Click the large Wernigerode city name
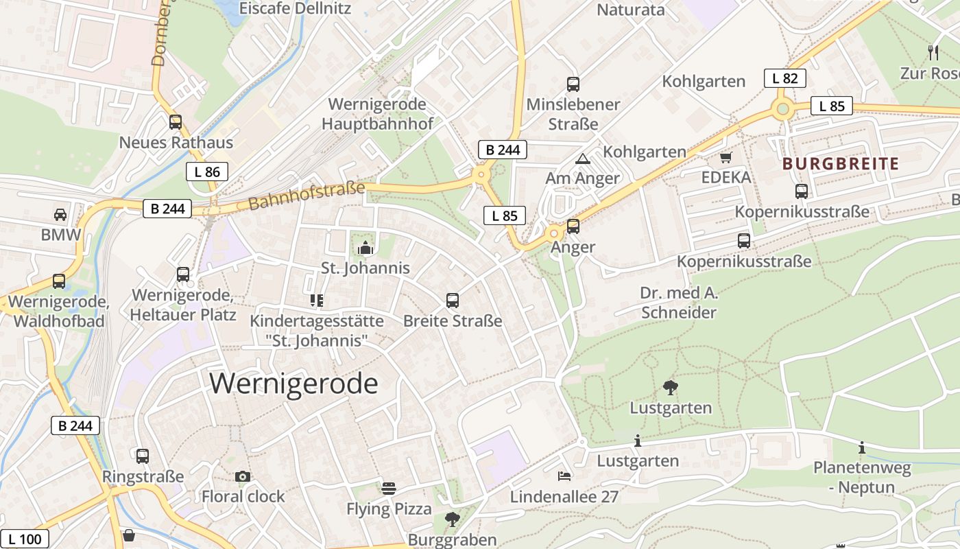[x=293, y=383]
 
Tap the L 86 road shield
[x=206, y=172]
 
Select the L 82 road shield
[x=784, y=78]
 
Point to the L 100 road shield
[x=25, y=539]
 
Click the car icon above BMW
[x=60, y=214]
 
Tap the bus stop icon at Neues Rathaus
[x=176, y=122]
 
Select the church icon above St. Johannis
[x=365, y=248]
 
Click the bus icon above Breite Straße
[x=453, y=300]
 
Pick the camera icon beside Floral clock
[x=242, y=476]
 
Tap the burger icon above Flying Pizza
[x=389, y=489]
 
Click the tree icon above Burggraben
[x=452, y=519]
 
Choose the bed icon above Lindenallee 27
[x=564, y=476]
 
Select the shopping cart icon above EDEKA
[x=726, y=157]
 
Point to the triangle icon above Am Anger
[x=583, y=159]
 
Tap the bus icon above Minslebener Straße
[x=573, y=84]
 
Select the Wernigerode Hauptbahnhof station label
[x=377, y=114]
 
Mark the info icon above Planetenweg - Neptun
[x=862, y=448]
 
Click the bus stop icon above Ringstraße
[x=143, y=456]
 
